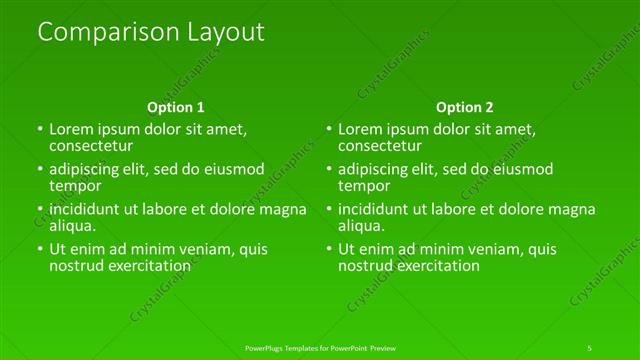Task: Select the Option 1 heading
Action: tap(176, 107)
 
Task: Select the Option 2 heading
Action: tap(465, 107)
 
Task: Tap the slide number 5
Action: tap(590, 347)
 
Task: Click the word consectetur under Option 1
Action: tap(92, 146)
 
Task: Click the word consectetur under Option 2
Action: tap(381, 146)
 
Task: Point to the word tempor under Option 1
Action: tap(75, 186)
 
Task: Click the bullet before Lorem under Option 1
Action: tap(40, 130)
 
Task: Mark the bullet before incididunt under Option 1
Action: tap(40, 210)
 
